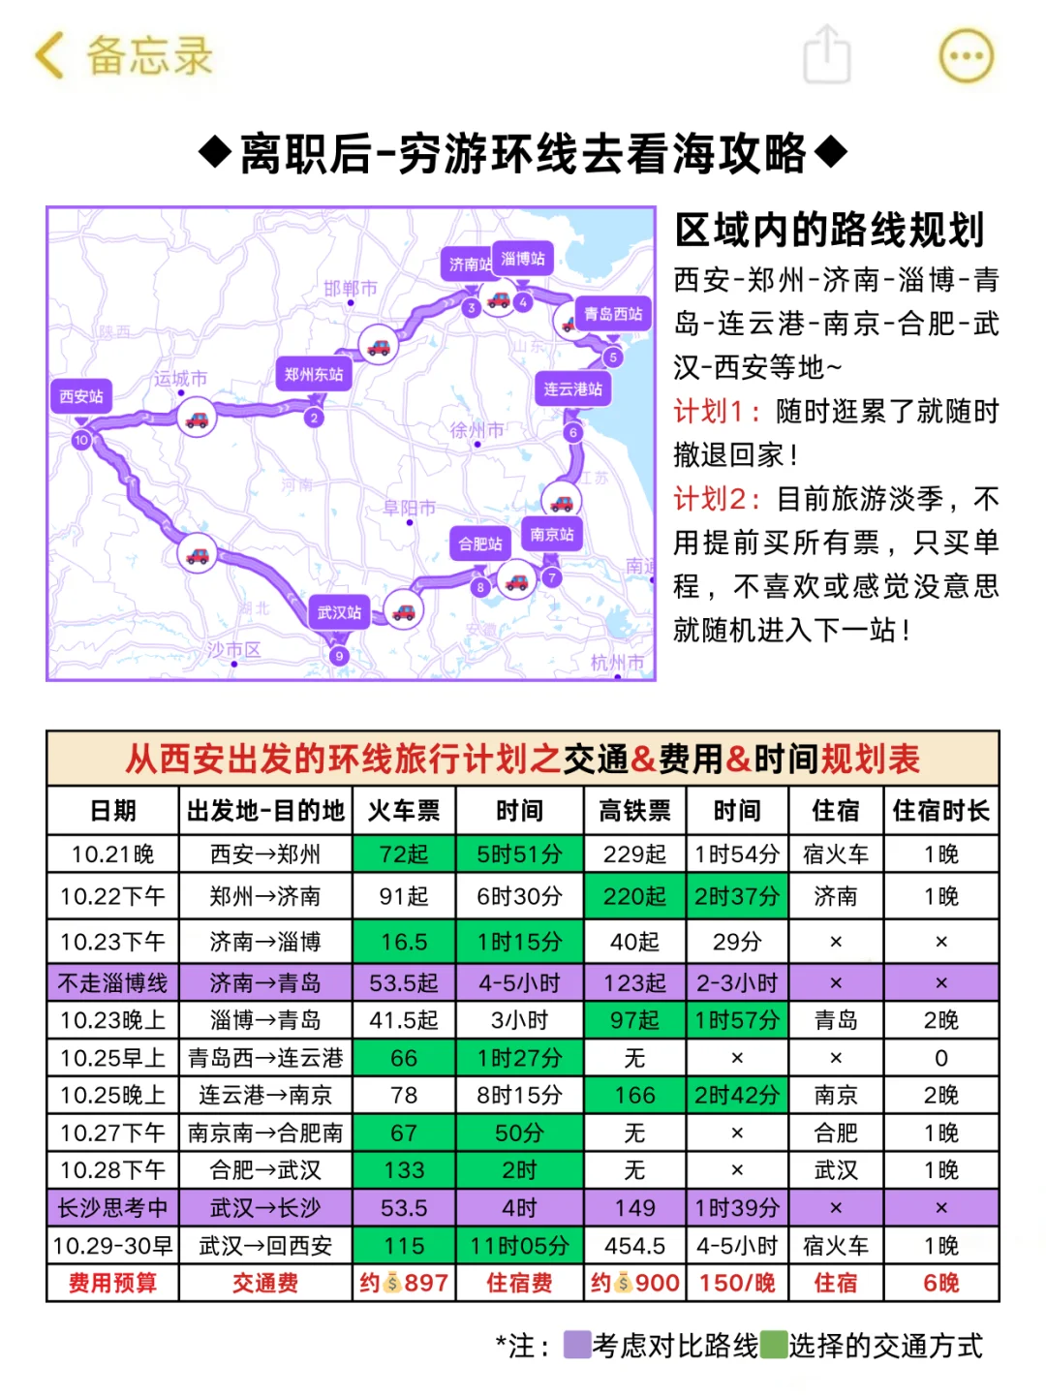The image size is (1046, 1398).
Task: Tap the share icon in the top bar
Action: (x=827, y=55)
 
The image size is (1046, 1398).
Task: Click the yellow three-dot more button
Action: (x=966, y=55)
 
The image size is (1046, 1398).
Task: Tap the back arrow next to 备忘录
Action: (x=49, y=55)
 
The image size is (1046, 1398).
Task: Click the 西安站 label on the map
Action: (x=80, y=396)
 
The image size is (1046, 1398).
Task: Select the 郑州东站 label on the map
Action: (x=314, y=374)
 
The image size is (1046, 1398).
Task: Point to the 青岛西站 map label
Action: (x=613, y=313)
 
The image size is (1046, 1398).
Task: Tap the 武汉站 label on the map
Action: (x=339, y=612)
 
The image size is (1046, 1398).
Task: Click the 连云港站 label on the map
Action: (x=572, y=388)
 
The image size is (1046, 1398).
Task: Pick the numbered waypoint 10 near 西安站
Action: (x=81, y=440)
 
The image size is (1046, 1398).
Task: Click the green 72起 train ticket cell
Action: (x=404, y=854)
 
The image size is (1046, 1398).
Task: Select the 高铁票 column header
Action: (x=634, y=811)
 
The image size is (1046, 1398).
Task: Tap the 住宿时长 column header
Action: (x=940, y=811)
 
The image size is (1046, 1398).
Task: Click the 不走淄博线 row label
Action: (x=113, y=983)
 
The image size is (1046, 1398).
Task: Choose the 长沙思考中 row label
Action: (x=113, y=1208)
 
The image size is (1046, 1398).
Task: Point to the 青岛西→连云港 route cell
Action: (x=265, y=1058)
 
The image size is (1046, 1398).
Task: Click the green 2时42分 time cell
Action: (x=737, y=1096)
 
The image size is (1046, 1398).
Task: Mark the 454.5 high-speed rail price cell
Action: (x=634, y=1246)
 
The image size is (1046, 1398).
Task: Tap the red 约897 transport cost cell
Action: (x=404, y=1284)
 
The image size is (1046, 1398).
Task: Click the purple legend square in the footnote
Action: (x=577, y=1345)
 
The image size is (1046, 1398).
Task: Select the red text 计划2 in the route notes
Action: (x=710, y=499)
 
